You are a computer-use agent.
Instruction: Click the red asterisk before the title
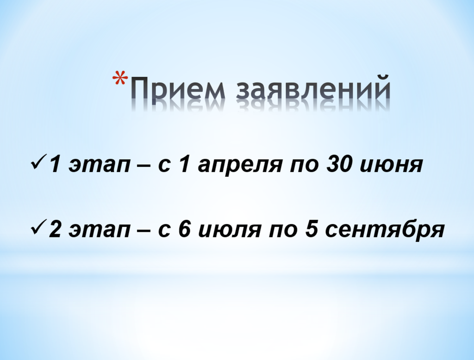[120, 78]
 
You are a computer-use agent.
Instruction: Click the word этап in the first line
[99, 165]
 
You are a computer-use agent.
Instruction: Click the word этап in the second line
[99, 230]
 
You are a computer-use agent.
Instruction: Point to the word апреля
[239, 167]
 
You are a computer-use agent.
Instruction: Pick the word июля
[230, 230]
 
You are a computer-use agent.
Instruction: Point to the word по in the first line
[305, 165]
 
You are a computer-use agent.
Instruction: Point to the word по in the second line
[283, 230]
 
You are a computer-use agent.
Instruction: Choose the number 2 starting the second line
[56, 229]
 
